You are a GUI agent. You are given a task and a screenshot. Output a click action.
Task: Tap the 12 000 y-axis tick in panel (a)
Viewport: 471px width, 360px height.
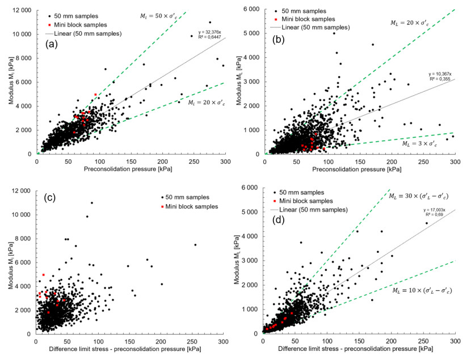pyautogui.click(x=20, y=10)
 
